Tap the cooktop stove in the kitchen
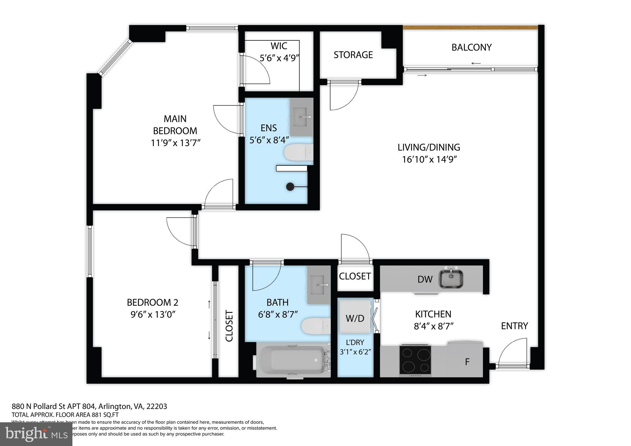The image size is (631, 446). coord(415,359)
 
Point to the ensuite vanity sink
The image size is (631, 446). coord(301,117)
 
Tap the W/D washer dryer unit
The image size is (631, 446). coord(355,318)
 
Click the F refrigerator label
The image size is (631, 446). coord(467,362)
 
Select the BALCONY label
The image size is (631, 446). coord(471,47)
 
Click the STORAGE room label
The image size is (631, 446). coord(353,55)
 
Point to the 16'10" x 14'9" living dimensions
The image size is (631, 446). coord(429,160)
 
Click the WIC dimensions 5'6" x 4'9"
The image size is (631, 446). coord(279,58)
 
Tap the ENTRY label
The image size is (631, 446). coord(514,326)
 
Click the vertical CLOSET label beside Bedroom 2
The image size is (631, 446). coord(229,326)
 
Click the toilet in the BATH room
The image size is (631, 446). coord(315,326)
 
